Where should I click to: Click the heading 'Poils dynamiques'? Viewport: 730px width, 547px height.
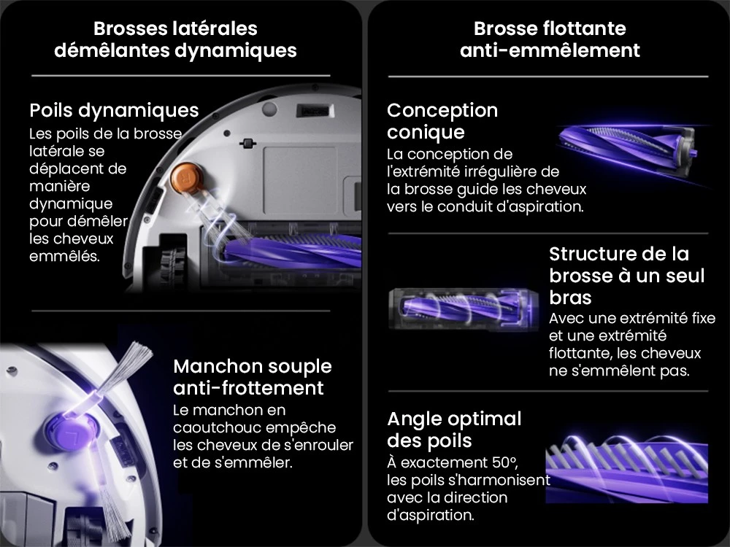pos(114,110)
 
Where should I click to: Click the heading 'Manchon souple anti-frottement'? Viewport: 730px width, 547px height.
pos(252,376)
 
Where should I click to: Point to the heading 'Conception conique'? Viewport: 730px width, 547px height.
pos(442,121)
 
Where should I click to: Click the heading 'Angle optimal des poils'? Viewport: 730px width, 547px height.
pos(454,430)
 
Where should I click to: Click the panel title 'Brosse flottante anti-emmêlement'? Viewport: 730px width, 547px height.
pos(549,39)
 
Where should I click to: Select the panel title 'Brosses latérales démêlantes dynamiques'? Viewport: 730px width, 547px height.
pos(175,39)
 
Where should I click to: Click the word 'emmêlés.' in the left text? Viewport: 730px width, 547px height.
pos(63,257)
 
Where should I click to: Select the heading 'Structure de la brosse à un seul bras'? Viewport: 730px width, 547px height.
pos(626,276)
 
